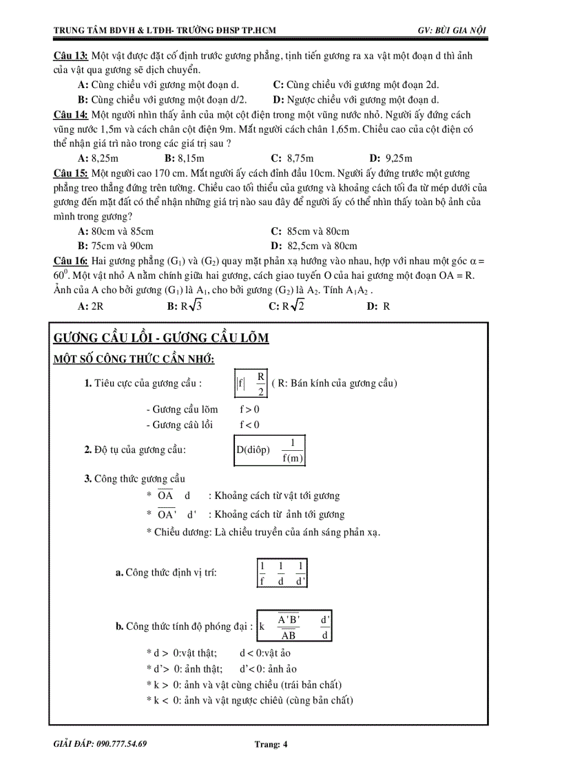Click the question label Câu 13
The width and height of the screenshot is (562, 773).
tap(70, 55)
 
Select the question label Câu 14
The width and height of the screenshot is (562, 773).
tap(70, 115)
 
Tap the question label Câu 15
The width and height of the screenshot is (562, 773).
tap(70, 173)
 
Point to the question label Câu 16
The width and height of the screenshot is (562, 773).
tap(70, 261)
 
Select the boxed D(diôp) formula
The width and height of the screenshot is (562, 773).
tap(269, 450)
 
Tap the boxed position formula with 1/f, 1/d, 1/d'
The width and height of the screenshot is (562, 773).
tap(282, 573)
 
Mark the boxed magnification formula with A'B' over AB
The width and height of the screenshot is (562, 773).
tap(295, 626)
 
